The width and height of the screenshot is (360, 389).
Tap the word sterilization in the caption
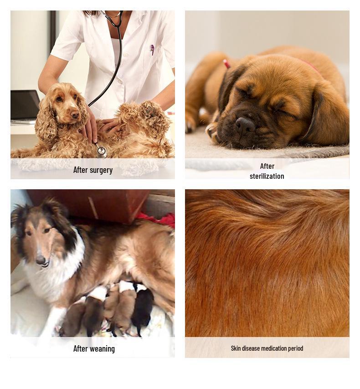267,176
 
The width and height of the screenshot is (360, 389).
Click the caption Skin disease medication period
267,348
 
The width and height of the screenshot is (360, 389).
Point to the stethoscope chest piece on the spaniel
101,151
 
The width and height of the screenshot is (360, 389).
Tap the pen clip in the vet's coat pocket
152,49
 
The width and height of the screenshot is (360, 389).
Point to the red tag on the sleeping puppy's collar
226,64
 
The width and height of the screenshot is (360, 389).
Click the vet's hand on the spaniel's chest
91,128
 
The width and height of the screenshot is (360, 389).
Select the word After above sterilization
267,166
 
